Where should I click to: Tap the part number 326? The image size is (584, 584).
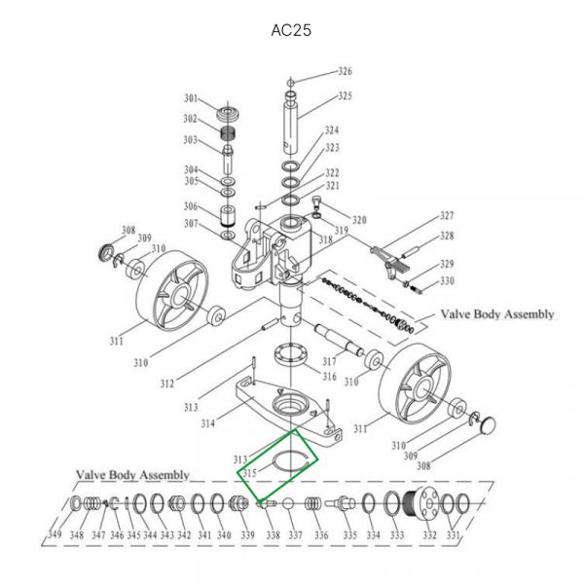[x=345, y=72]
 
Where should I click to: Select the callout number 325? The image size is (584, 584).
[x=345, y=96]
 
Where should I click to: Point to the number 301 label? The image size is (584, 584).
[x=191, y=98]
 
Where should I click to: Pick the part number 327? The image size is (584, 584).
[x=447, y=216]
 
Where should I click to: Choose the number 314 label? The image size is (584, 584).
[x=208, y=424]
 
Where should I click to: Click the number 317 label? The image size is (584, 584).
[x=329, y=362]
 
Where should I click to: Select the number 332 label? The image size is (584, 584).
[x=429, y=536]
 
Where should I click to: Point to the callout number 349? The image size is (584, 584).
[x=56, y=536]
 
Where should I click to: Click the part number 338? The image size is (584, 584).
[x=273, y=536]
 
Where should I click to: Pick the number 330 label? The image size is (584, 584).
[x=447, y=282]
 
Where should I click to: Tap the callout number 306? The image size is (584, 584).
[x=191, y=206]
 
